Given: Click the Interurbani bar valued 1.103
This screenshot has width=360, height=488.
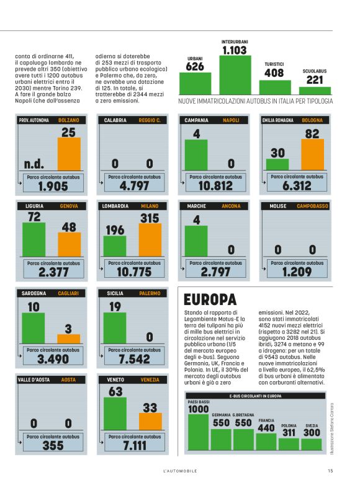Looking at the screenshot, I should [x=234, y=75].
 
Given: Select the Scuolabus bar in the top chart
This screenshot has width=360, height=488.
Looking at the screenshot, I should [x=315, y=89].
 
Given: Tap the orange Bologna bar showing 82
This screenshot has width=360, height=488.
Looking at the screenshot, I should [x=312, y=154].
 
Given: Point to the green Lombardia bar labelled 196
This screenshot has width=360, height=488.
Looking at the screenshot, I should [x=115, y=246].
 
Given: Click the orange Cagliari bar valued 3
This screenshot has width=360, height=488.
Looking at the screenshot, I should [x=68, y=339].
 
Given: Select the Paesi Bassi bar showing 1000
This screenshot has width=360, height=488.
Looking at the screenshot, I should [x=198, y=431].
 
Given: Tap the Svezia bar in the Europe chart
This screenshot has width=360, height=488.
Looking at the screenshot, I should [x=312, y=443].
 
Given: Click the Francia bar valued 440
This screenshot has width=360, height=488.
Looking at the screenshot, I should [x=266, y=441].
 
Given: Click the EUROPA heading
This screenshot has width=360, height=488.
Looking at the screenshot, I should [x=210, y=299].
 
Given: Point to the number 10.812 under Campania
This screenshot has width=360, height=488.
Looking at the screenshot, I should [x=215, y=185].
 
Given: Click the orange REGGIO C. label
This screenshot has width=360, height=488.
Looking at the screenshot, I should [x=150, y=120].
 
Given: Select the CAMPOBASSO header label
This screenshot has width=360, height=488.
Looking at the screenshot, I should [x=312, y=206].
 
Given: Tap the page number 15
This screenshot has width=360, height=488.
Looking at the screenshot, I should [x=330, y=471].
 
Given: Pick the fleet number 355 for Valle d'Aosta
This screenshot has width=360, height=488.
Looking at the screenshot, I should [x=53, y=445].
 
